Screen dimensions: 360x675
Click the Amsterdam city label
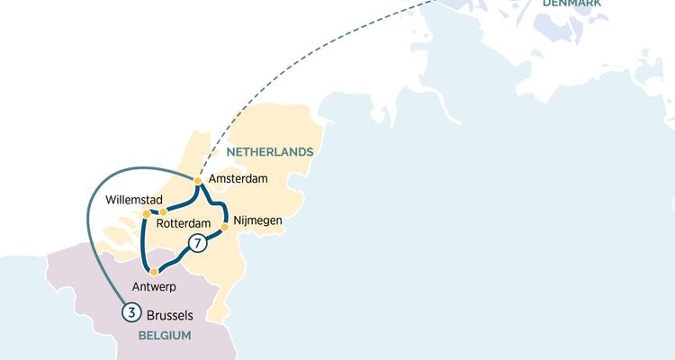238,179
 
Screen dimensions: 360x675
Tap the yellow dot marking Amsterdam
198,181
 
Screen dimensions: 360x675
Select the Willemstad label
134,199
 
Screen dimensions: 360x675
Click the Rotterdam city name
183,223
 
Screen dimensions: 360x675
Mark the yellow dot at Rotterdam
163,212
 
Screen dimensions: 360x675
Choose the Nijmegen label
257,220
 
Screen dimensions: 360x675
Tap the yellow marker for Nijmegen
224,228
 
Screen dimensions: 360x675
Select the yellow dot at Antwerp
154,271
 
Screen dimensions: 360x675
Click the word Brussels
170,315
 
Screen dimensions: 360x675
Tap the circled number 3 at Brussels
131,314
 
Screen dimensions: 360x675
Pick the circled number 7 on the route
197,242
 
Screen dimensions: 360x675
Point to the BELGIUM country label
165,336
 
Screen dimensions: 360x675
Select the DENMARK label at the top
571,4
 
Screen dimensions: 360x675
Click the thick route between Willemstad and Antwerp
142,243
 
